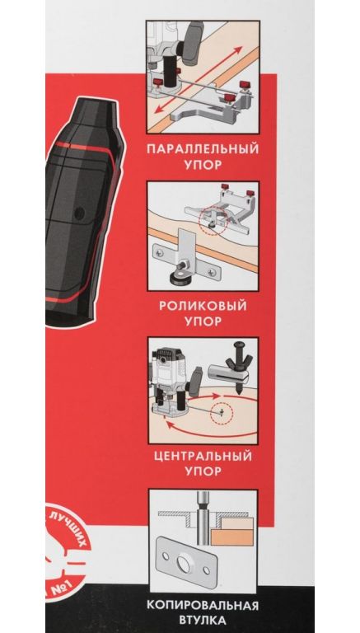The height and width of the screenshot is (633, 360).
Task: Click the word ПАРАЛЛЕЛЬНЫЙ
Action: (203, 148)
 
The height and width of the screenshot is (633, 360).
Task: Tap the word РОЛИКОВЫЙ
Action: (203, 305)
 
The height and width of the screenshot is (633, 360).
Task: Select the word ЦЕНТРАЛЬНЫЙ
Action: (203, 456)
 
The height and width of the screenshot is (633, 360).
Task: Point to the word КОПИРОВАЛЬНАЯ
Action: (203, 606)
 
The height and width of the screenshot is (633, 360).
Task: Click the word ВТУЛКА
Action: (203, 620)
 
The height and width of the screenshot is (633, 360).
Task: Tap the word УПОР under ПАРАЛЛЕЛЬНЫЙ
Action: (203, 165)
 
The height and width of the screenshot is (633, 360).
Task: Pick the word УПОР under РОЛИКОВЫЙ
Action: (203, 321)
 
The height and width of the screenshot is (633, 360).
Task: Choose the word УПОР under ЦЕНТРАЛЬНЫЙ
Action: (203, 471)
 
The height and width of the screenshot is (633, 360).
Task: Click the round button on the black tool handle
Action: (80, 213)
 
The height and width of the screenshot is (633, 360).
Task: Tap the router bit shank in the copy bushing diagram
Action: (202, 521)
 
